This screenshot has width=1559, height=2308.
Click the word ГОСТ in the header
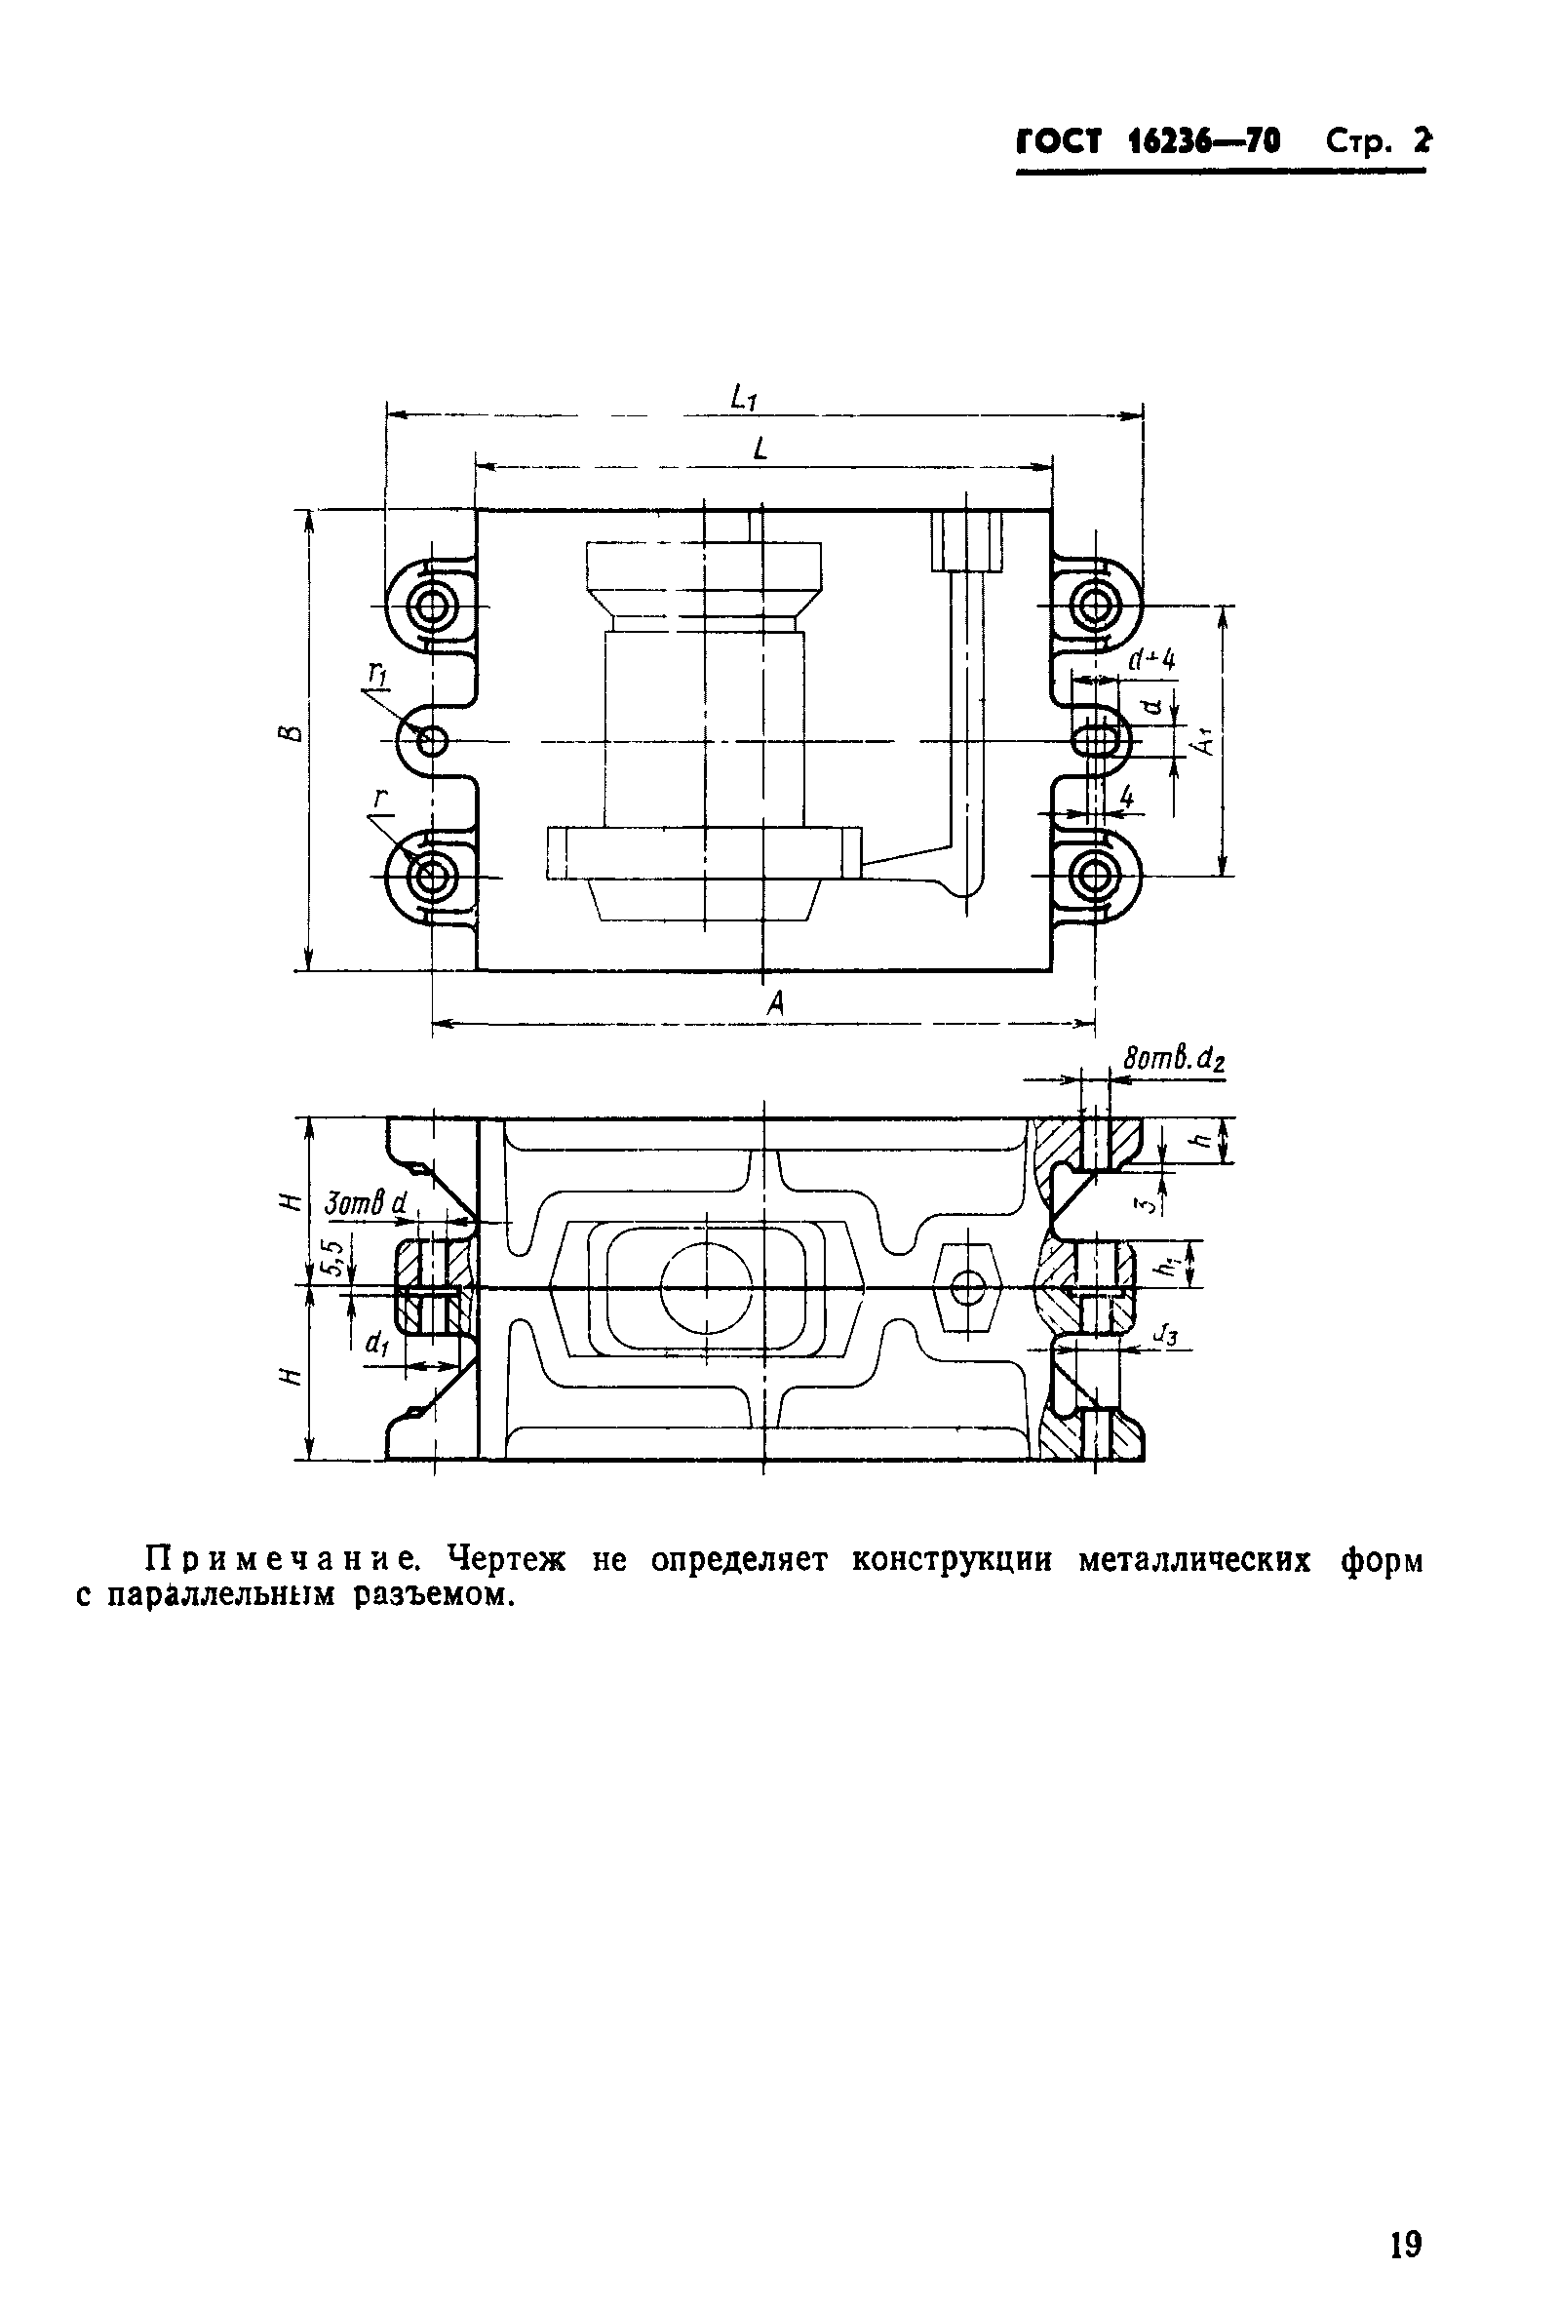click(x=1059, y=142)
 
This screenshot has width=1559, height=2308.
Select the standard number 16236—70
click(x=1204, y=142)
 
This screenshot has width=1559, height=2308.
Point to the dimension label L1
click(x=744, y=398)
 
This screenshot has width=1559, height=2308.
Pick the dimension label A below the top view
click(x=775, y=1005)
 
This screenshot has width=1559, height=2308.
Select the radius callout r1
click(x=377, y=676)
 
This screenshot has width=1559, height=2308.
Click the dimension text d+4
click(x=1152, y=658)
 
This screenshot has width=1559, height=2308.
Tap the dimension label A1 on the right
click(x=1205, y=739)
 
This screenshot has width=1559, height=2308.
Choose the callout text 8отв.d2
click(x=1174, y=1059)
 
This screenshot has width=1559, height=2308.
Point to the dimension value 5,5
click(x=334, y=1257)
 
